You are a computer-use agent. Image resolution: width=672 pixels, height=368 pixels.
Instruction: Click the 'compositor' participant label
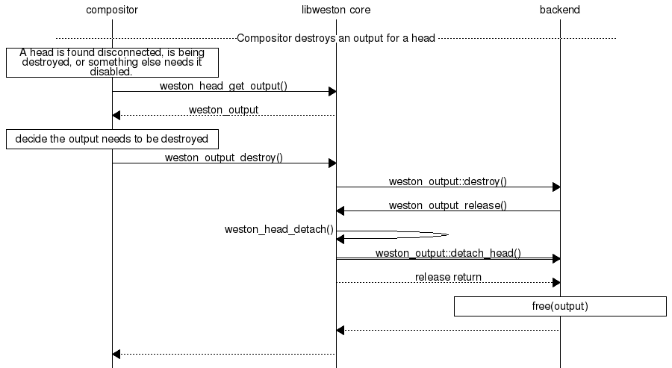coord(112,10)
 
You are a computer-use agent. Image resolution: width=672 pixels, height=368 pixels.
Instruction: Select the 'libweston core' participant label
coord(336,10)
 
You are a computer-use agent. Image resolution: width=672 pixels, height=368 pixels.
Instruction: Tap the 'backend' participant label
coord(560,10)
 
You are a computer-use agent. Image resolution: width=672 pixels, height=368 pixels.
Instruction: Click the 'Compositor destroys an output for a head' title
coord(336,37)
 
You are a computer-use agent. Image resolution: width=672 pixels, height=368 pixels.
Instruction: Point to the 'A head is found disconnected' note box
coord(112,63)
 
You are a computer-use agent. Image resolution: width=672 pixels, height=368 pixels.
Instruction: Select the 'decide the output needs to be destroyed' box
coord(112,139)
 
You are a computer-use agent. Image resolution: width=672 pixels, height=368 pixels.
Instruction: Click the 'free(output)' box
coord(560,306)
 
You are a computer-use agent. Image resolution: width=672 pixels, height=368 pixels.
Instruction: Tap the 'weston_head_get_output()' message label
coord(223,86)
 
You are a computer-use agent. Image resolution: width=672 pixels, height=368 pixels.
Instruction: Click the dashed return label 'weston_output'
coord(223,110)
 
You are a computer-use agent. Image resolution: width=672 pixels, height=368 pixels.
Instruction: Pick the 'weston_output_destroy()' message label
coord(223,158)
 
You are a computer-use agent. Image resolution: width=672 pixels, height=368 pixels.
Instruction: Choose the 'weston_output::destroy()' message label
coord(448,181)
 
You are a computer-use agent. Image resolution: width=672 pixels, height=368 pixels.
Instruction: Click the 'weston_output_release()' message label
coord(448,205)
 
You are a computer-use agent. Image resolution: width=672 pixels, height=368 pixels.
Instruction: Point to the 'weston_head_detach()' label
coord(279,229)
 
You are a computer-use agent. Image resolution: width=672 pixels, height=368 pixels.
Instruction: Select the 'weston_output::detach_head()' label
coord(448,253)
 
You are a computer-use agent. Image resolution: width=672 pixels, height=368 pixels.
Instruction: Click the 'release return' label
coord(448,277)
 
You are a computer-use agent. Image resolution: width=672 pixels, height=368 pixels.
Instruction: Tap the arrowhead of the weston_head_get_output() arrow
coord(332,92)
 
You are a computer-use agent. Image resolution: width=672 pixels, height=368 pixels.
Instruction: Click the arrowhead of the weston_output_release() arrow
coord(340,211)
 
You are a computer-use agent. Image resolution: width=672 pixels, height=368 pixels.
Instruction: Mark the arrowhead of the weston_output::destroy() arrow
coord(556,187)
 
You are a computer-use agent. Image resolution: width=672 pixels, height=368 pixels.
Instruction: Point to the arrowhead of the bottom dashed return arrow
coord(116,355)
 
